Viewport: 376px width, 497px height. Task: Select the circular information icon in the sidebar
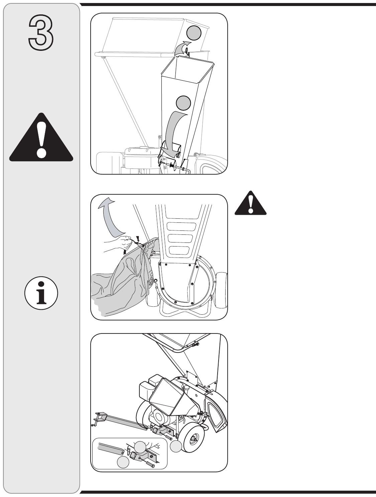pos(41,293)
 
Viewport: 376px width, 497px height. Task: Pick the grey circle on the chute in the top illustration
pos(183,103)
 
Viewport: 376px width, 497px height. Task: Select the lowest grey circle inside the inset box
pos(123,462)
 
